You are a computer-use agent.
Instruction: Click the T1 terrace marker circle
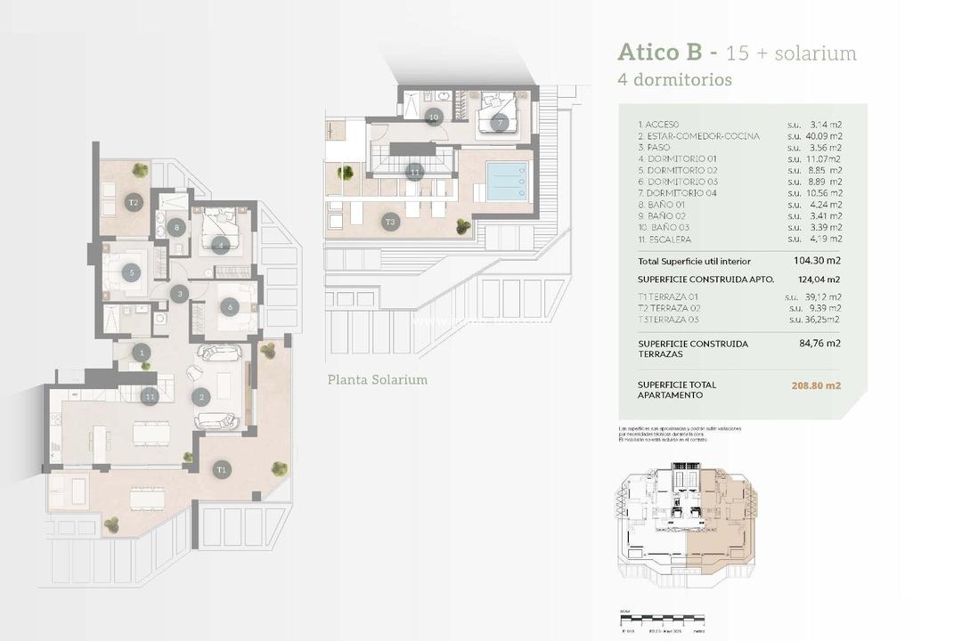tap(221, 468)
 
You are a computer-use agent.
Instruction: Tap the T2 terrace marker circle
tap(134, 202)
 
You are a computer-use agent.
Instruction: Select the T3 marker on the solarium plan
tap(390, 222)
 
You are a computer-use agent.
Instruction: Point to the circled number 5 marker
tap(132, 274)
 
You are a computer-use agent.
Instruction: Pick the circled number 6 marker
tap(229, 307)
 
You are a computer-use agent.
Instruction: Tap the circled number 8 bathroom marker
tap(176, 227)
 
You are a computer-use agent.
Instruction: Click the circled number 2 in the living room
tap(202, 397)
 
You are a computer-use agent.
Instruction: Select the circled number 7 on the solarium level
tap(500, 123)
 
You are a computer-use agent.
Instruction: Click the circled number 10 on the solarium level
tap(434, 117)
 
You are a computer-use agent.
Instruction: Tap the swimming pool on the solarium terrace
tap(507, 181)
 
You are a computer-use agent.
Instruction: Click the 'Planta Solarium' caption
tap(378, 379)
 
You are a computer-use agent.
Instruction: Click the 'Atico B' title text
tap(663, 53)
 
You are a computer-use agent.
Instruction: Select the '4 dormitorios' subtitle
tap(674, 79)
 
